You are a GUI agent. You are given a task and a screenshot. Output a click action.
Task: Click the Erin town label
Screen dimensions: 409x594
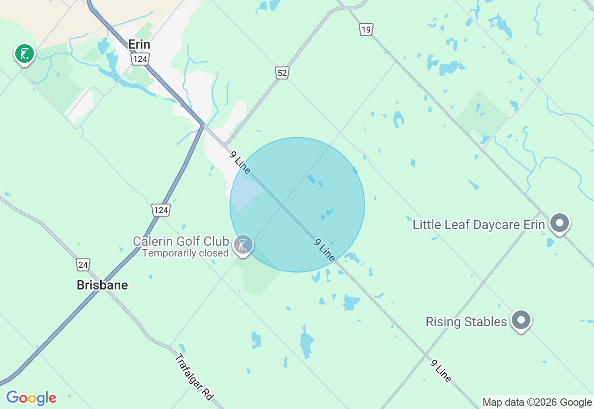[139, 45]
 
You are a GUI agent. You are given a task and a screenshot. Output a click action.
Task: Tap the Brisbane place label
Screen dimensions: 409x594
[102, 285]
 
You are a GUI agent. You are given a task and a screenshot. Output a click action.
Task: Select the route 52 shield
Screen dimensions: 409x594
[282, 73]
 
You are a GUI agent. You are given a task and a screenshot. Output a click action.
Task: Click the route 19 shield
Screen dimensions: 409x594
[366, 30]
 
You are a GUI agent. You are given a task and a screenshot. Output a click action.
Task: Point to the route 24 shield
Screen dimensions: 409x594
[83, 265]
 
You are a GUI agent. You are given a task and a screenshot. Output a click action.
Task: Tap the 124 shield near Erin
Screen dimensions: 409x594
[139, 59]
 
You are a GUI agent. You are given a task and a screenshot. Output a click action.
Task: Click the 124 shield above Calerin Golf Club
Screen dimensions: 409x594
[161, 210]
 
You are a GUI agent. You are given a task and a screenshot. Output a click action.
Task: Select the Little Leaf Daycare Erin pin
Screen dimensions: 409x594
[559, 224]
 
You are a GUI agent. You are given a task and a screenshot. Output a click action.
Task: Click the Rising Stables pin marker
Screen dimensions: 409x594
[521, 320]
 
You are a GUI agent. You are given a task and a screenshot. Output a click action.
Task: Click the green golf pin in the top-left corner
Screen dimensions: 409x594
[25, 54]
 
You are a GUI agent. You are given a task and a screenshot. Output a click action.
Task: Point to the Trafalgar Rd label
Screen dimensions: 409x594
[194, 377]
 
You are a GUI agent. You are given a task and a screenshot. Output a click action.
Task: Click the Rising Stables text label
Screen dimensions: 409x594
[466, 322]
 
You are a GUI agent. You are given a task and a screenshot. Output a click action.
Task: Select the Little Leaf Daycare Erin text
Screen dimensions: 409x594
[478, 225]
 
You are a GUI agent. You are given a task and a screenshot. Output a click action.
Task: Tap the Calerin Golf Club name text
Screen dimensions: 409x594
[181, 241]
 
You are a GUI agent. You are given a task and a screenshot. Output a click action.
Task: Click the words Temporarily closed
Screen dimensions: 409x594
[185, 253]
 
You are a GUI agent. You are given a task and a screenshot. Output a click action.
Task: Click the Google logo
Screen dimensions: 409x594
[31, 398]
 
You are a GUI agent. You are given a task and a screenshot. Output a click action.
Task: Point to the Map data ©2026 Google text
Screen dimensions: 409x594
[537, 402]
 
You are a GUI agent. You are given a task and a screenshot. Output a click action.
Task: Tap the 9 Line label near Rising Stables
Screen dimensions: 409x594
[440, 371]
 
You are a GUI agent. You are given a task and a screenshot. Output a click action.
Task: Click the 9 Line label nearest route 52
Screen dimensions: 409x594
[240, 162]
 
